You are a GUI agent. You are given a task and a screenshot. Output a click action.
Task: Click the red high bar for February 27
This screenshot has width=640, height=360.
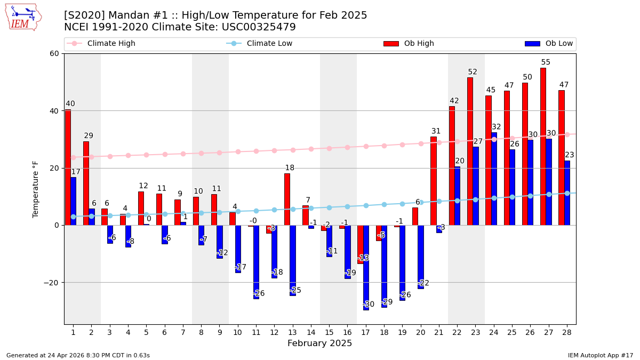(543, 146)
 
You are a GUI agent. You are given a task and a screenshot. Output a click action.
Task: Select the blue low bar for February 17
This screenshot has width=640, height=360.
(366, 267)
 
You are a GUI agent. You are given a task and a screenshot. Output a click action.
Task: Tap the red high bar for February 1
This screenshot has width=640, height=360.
(68, 167)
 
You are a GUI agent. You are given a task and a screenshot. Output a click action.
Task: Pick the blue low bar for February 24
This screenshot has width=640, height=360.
(494, 179)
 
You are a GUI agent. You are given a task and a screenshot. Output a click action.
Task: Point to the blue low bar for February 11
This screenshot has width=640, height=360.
(256, 262)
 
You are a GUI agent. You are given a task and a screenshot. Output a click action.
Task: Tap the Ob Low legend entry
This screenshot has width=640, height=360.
(549, 44)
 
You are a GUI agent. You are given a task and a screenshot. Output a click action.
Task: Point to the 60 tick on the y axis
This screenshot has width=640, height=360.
(54, 53)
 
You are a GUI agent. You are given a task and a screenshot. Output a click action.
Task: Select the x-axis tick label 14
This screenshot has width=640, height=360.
(311, 332)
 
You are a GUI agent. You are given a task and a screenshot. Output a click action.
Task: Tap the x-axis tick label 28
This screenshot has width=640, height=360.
(567, 332)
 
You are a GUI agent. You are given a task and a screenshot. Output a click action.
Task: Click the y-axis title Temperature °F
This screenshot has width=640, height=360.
(36, 189)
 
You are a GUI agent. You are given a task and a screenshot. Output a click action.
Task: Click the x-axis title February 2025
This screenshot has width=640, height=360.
(320, 343)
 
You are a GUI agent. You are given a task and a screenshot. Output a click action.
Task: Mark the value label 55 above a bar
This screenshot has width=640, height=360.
(546, 62)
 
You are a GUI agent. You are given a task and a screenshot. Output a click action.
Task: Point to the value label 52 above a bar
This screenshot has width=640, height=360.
(473, 72)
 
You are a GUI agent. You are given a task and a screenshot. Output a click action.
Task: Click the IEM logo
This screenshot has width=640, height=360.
(23, 17)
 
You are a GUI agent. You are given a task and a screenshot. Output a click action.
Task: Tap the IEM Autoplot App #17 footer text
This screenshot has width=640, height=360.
(600, 355)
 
